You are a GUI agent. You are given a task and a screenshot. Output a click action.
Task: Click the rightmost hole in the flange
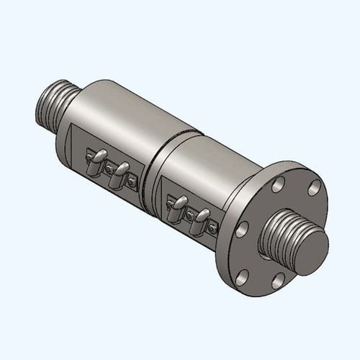[x=314, y=189]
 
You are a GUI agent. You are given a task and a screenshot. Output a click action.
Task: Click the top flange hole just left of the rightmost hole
[x=278, y=185]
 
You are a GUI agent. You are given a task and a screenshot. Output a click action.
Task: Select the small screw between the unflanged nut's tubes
[x=109, y=170]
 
